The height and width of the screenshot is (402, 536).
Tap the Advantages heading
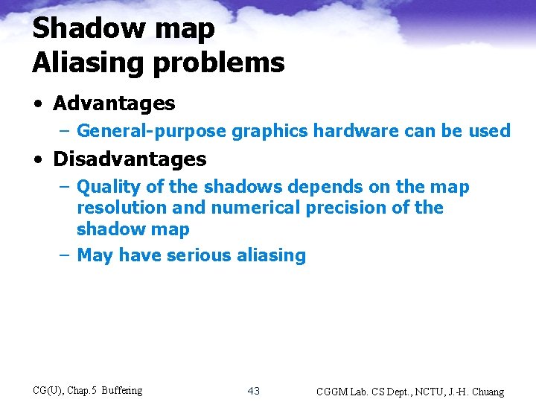tap(114, 103)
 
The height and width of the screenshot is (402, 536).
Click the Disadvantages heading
tap(130, 159)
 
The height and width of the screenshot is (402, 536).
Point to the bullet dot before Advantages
tap(38, 104)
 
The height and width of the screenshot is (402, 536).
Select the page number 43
tap(254, 391)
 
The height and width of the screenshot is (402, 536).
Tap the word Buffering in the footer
tap(121, 390)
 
